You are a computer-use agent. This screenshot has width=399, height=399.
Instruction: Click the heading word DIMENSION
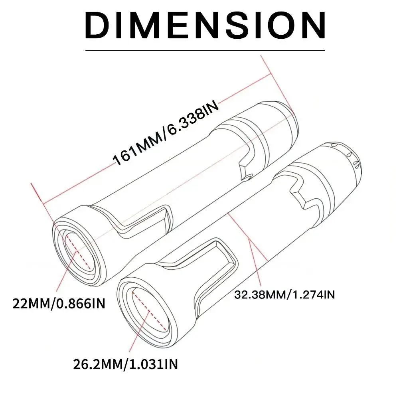coord(205,25)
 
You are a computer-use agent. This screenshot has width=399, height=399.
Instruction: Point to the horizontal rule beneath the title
coord(205,51)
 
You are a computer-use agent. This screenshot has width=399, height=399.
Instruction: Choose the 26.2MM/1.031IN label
coord(126,364)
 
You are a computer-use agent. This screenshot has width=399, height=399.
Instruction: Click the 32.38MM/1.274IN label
coord(284,295)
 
